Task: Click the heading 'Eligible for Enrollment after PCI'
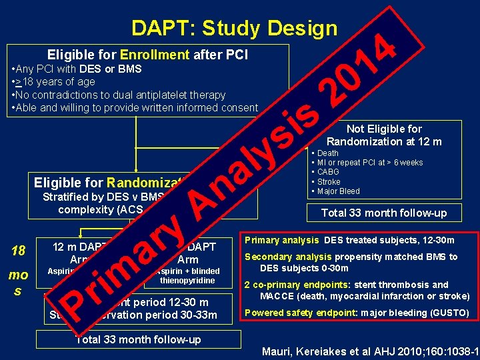147,55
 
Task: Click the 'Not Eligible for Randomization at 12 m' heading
383,135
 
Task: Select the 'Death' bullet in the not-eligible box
327,153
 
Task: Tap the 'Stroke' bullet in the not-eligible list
329,181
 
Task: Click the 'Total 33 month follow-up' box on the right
383,213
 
